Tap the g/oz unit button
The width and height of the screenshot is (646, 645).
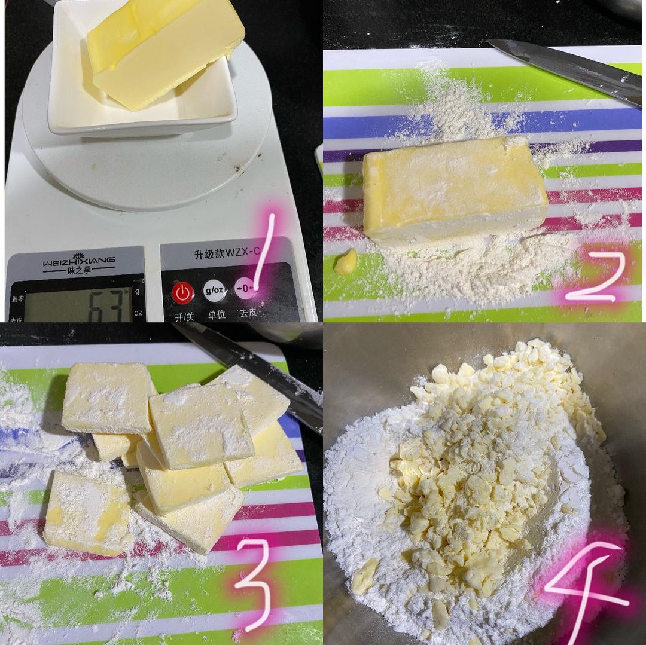214,291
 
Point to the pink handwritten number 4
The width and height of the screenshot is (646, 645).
589,592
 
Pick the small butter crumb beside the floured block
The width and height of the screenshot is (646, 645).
346,262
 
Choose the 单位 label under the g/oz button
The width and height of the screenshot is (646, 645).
216,314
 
